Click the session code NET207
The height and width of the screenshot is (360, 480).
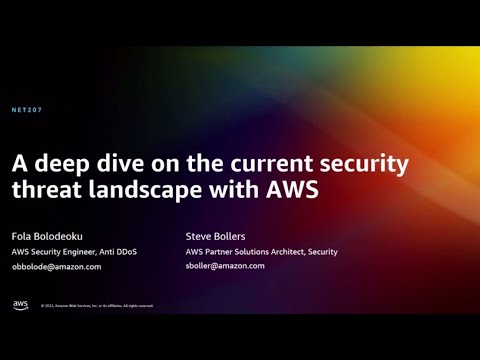tap(27, 109)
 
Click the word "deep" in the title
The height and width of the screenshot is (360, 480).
tap(67, 163)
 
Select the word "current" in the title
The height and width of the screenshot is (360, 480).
tap(284, 163)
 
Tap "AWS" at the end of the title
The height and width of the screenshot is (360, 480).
tap(294, 190)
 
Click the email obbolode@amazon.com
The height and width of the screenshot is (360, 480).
tap(56, 267)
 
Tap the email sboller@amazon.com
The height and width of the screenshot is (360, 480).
tap(225, 266)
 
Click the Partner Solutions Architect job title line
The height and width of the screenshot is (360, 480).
tap(262, 252)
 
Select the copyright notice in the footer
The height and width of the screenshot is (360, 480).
tap(97, 306)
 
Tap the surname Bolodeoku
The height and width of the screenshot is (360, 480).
tap(62, 237)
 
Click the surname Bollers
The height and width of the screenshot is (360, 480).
tap(230, 237)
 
